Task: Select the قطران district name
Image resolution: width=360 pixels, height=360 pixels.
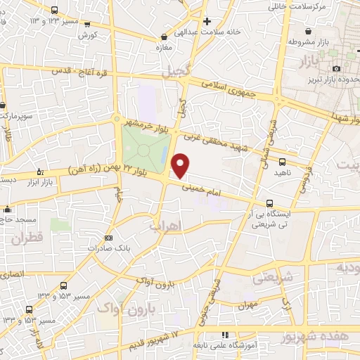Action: [x=27, y=239]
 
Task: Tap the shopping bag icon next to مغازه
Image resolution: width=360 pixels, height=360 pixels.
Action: [x=164, y=37]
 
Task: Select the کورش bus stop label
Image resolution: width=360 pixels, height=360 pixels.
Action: [x=87, y=34]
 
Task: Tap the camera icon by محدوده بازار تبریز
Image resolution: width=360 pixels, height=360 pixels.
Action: [x=336, y=67]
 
